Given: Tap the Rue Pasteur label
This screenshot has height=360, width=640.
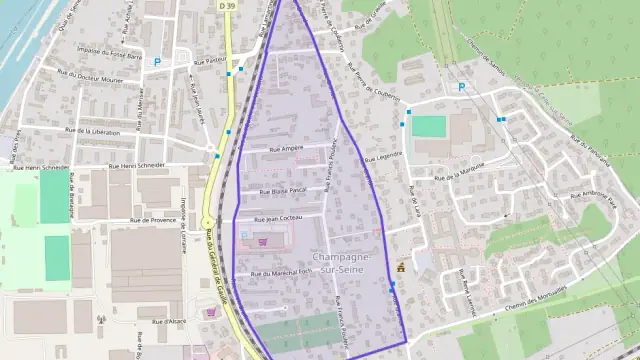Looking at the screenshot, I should (212, 60).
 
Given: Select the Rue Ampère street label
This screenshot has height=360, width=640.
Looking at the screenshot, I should (286, 148).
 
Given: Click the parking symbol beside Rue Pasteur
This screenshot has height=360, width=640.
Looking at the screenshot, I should (156, 62).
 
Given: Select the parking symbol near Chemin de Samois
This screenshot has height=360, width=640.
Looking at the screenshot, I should (461, 87).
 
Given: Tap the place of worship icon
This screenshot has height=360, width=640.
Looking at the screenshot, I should (401, 268).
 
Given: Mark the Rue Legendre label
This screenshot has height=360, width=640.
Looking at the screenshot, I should (383, 156).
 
